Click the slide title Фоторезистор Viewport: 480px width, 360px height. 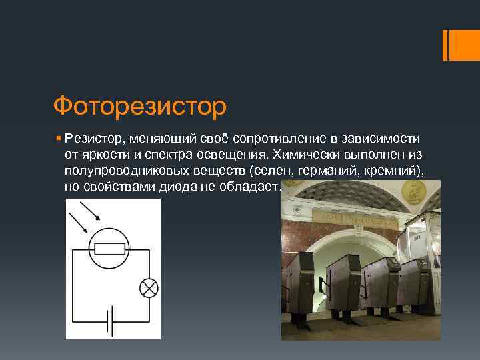[140, 105]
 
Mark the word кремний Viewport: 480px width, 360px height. [393, 171]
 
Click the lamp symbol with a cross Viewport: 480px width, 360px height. [148, 287]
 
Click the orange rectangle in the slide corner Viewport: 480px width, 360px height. [460, 45]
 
